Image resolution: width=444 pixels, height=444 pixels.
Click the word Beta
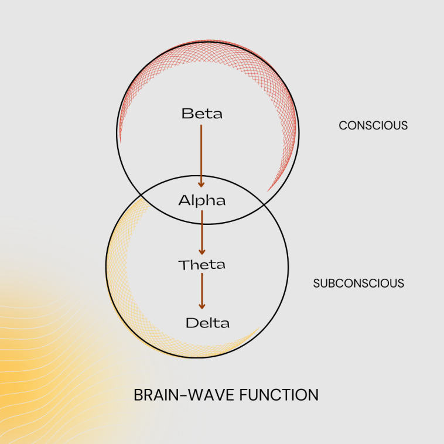202,113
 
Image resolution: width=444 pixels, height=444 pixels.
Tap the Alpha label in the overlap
202,200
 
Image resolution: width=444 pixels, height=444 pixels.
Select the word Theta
202,265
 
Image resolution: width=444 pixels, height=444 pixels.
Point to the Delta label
207,323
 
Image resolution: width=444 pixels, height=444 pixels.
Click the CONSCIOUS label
373,125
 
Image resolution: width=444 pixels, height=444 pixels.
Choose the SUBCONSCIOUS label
358,284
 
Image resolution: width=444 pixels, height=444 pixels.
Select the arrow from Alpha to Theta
202,231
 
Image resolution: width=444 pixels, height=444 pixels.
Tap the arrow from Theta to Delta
202,290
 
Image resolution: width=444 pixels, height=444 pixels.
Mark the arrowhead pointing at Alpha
201,184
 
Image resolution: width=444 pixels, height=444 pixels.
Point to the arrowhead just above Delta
202,305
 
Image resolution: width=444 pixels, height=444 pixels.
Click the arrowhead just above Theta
202,250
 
